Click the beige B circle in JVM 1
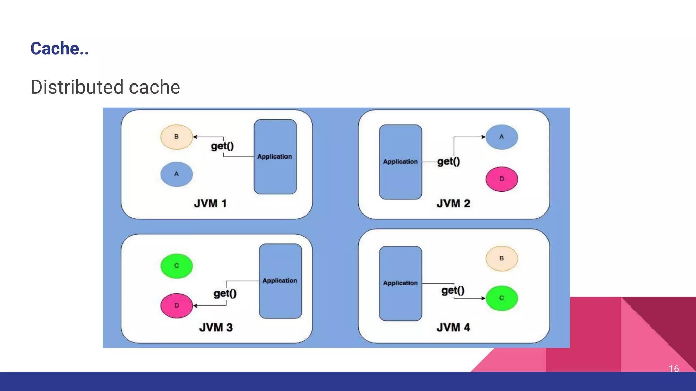click(176, 137)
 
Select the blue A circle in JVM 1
click(176, 174)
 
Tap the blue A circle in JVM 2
click(502, 137)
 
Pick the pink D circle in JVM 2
click(502, 179)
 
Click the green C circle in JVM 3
click(176, 266)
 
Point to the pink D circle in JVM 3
click(176, 305)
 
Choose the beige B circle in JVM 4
click(502, 259)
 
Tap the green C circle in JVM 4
click(502, 298)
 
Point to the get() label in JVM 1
click(223, 146)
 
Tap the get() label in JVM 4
click(453, 291)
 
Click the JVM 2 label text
click(453, 204)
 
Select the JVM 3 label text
click(216, 328)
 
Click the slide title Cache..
click(59, 49)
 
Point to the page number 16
click(674, 369)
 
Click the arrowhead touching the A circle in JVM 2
click(484, 137)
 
